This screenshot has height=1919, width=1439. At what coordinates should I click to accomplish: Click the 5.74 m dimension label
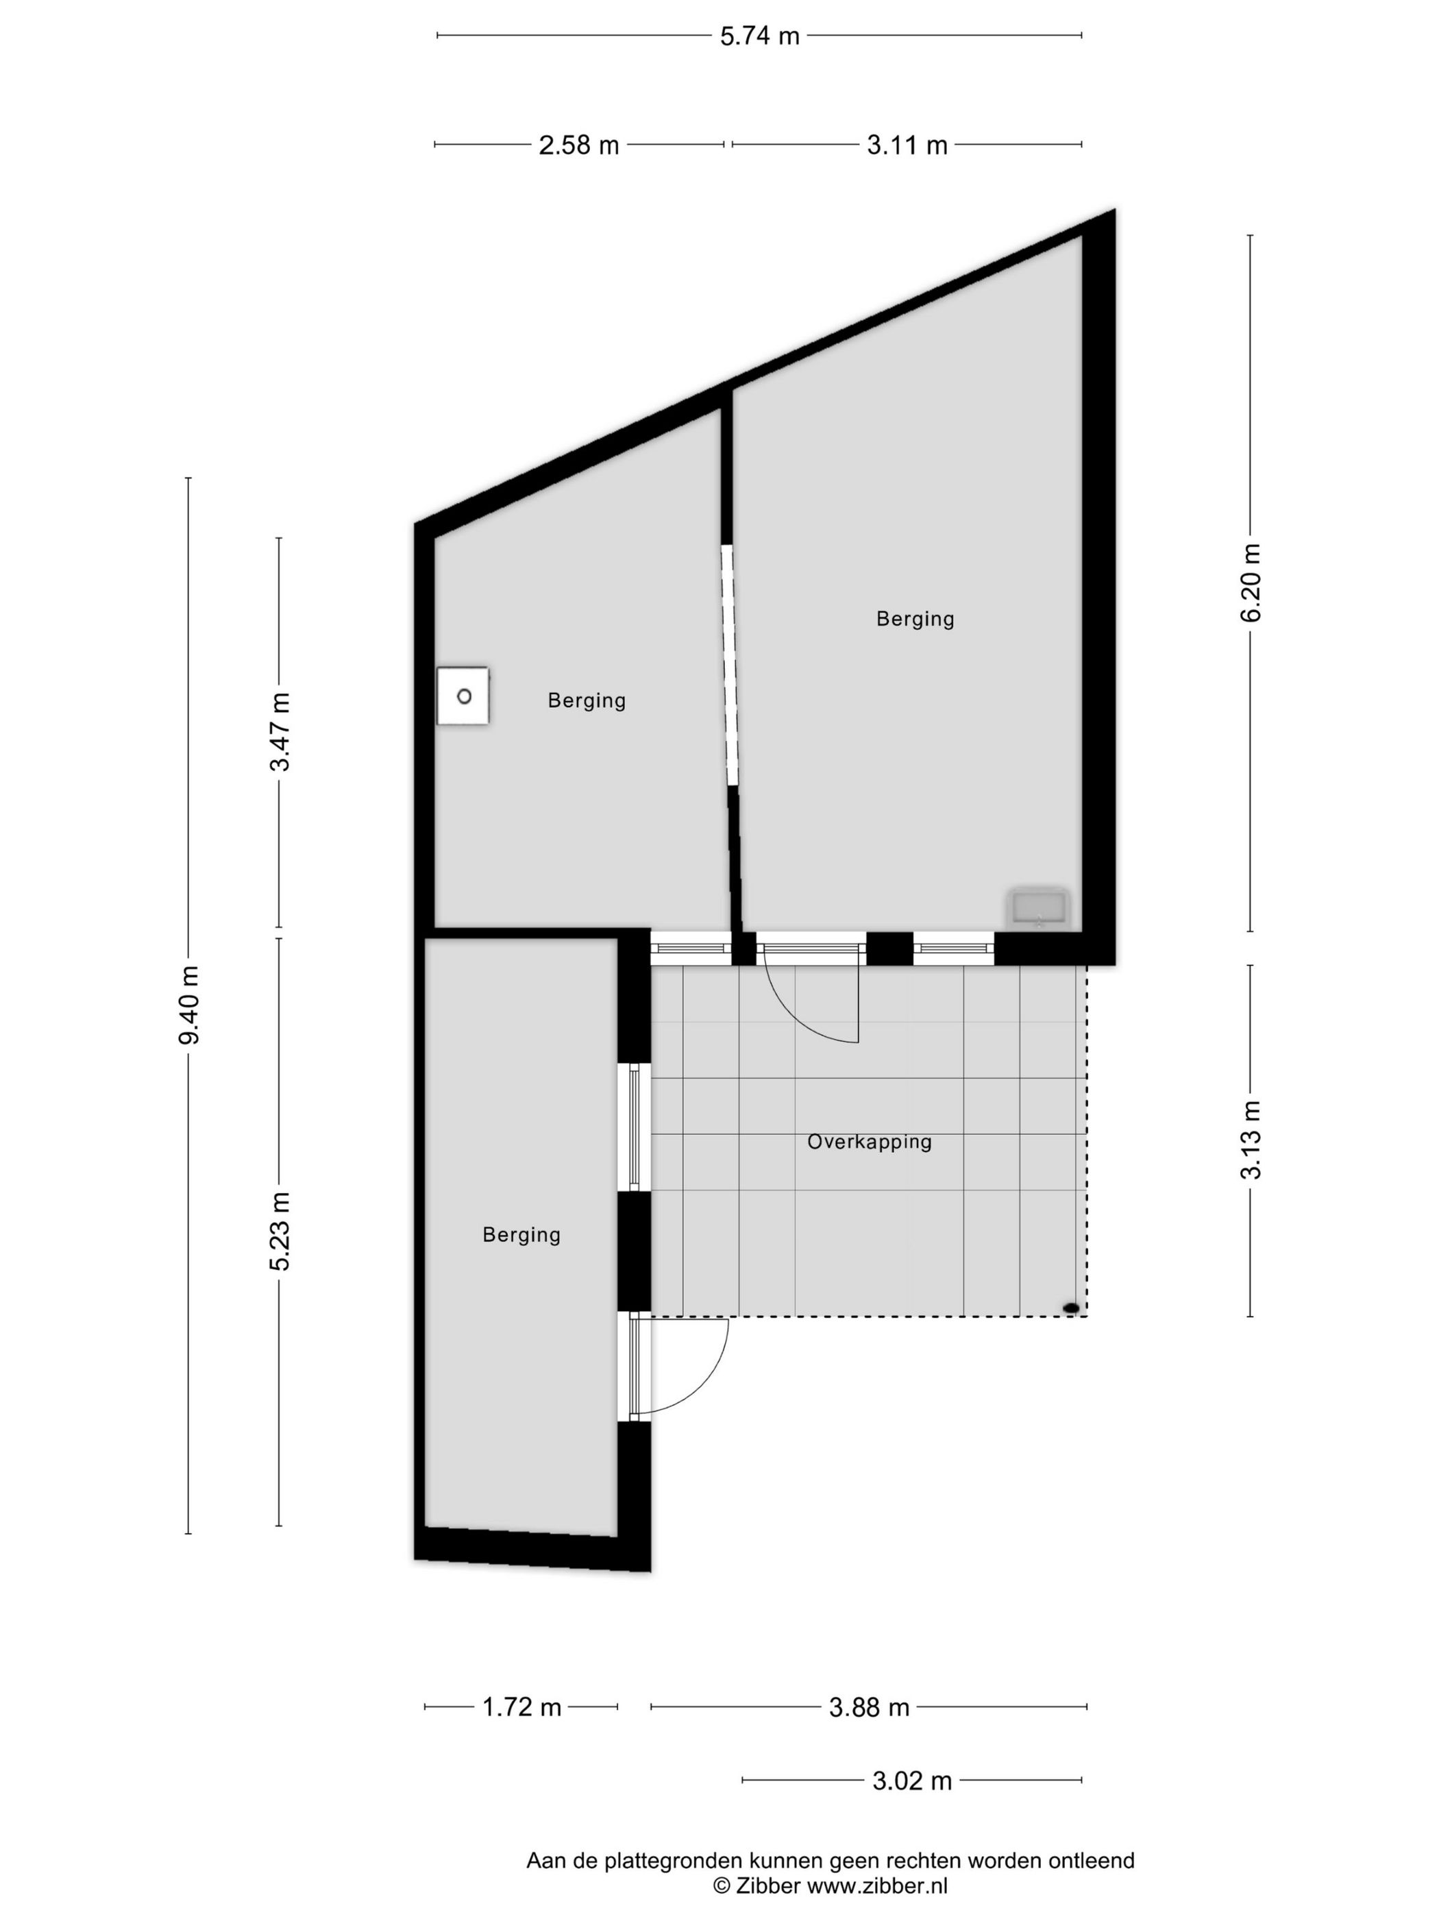tap(759, 36)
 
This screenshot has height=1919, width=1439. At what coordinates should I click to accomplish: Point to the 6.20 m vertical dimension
tap(1251, 583)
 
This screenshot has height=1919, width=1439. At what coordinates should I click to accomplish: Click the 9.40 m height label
tap(189, 1005)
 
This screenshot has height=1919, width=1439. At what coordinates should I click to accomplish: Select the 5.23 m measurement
tap(280, 1231)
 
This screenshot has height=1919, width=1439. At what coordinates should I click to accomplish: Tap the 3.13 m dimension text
tap(1251, 1140)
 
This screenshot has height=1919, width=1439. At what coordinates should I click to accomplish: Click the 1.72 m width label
tap(521, 1707)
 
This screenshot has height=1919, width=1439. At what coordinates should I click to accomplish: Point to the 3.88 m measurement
tap(869, 1707)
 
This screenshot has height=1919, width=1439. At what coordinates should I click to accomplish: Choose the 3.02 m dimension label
tap(911, 1781)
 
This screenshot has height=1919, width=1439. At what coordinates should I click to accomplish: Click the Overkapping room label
tap(869, 1142)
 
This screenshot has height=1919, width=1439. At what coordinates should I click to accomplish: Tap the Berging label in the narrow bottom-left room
tap(521, 1234)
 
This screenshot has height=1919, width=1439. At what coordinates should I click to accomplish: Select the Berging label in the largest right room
tap(915, 619)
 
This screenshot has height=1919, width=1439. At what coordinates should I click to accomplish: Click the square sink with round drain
tap(463, 696)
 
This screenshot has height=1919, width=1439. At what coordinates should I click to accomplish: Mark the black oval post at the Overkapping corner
tap(1071, 1308)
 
